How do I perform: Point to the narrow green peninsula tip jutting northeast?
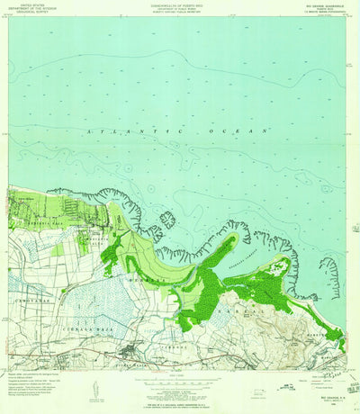(x=236, y=238)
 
